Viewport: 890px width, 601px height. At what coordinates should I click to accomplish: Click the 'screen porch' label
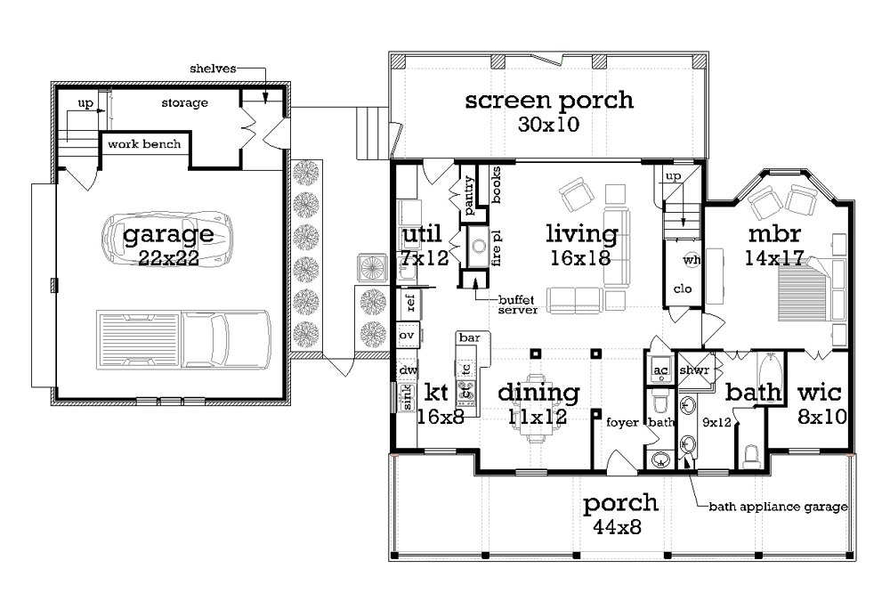tap(549, 101)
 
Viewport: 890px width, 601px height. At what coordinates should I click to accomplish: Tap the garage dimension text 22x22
tap(168, 258)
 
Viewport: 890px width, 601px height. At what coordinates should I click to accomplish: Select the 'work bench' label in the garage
tap(144, 144)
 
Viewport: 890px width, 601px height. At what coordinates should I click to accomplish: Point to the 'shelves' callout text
tap(213, 69)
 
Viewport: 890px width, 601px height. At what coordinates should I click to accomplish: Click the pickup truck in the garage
tap(183, 340)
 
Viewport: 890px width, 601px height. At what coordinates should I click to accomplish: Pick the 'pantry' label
tap(469, 195)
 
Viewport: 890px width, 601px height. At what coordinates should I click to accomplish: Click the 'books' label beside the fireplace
tap(496, 184)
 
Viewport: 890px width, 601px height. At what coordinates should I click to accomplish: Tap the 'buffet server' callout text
tap(518, 305)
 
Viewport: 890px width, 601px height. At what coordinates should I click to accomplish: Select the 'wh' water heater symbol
tap(692, 260)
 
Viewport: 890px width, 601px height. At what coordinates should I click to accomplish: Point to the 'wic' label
tap(819, 393)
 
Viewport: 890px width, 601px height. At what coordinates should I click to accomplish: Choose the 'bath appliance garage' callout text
tap(778, 507)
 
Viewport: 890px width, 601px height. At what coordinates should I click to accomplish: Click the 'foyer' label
tap(623, 423)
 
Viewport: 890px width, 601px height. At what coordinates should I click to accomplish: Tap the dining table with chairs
tap(536, 407)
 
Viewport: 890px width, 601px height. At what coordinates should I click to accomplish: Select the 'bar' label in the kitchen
tap(469, 338)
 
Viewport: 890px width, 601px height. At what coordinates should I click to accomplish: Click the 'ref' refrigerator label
tap(411, 303)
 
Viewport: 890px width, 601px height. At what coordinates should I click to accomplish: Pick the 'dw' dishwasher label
tap(408, 370)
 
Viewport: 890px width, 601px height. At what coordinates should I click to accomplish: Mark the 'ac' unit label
tap(660, 370)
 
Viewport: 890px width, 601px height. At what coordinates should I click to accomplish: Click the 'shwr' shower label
tap(694, 370)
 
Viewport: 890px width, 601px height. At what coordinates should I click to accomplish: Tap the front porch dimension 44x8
tap(618, 528)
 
